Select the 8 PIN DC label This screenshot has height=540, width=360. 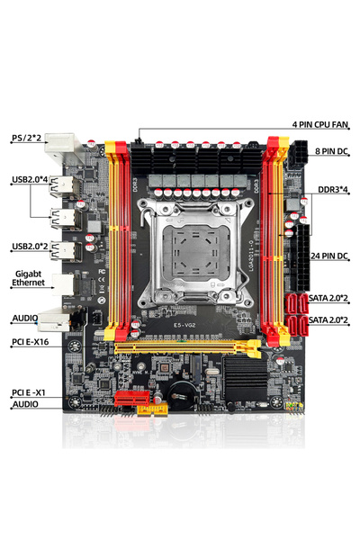pyautogui.click(x=331, y=152)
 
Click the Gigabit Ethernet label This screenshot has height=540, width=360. pyautogui.click(x=31, y=280)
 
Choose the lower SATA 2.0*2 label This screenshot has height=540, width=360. pyautogui.click(x=329, y=319)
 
